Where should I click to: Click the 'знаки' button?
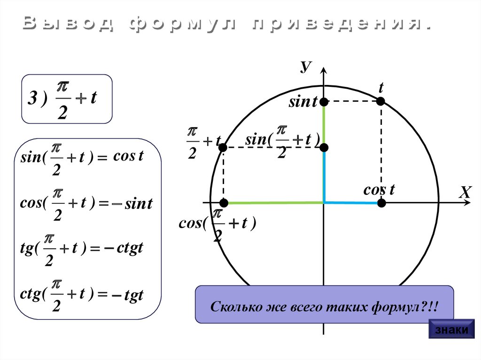point(451,329)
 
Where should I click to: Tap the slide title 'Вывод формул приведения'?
point(226,24)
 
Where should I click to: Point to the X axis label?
point(465,192)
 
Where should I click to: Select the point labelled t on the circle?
point(381,101)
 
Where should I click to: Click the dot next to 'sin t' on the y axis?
point(324,101)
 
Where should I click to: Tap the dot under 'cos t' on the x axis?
point(381,203)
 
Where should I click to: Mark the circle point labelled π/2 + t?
point(223,147)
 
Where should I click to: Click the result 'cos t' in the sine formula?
point(128,156)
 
